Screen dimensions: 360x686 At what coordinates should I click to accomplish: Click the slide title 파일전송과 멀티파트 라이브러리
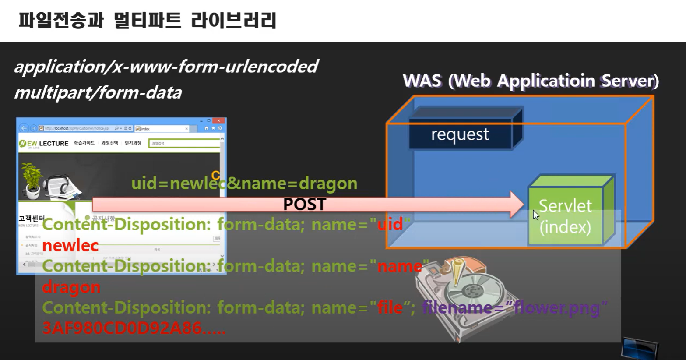[147, 21]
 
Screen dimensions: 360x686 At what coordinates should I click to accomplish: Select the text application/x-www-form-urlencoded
[166, 67]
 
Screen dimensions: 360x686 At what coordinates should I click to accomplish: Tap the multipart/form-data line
[98, 92]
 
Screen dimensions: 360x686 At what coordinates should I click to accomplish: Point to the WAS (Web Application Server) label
[531, 81]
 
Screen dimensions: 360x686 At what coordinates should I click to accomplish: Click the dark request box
[460, 134]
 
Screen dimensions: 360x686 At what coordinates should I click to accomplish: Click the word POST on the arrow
[305, 204]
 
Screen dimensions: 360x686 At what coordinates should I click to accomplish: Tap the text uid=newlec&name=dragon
[244, 183]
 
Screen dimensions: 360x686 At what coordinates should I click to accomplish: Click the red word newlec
[70, 245]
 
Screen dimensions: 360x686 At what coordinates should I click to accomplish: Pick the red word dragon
[71, 287]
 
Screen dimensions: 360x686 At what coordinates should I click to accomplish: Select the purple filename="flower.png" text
[514, 307]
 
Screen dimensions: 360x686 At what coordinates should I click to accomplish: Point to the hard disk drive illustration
[464, 293]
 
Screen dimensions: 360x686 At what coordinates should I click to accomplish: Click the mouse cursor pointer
[535, 215]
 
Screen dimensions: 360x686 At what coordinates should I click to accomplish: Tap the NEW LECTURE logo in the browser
[44, 143]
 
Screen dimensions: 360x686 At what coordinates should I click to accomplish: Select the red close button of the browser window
[219, 120]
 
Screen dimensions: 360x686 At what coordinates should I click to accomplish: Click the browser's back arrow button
[24, 128]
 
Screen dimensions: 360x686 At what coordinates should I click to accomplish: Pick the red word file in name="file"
[390, 307]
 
